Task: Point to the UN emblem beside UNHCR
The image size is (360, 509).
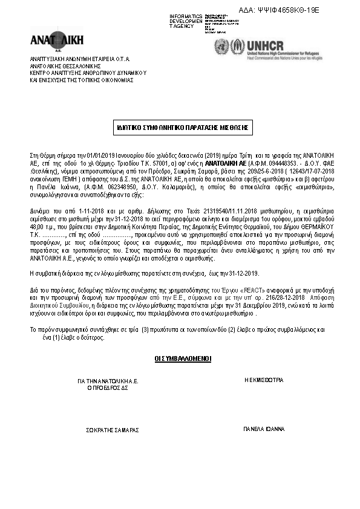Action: click(x=223, y=46)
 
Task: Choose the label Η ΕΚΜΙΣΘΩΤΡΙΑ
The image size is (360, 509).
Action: click(x=264, y=380)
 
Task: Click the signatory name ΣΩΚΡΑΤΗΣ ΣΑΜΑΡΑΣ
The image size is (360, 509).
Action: click(x=114, y=430)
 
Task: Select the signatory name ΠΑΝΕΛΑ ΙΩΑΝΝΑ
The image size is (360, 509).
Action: click(x=264, y=430)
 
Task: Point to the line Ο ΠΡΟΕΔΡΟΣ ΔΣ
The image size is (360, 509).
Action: click(x=108, y=387)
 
